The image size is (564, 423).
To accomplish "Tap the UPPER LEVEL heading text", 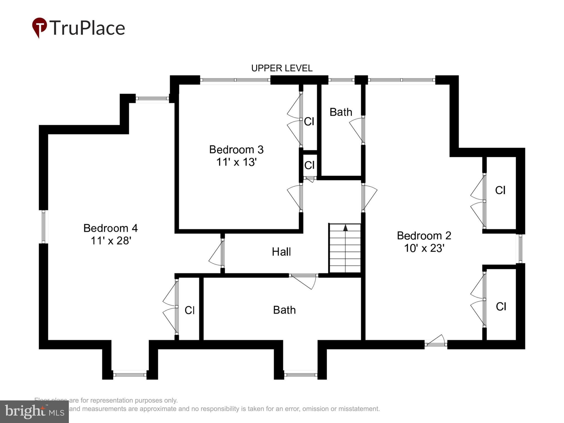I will [x=282, y=68].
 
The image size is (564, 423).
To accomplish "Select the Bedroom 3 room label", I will [x=236, y=150].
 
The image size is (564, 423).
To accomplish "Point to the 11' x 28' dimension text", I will [x=110, y=241].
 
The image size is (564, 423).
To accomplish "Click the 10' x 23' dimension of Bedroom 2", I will [x=424, y=248].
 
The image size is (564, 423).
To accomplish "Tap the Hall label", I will [x=281, y=252].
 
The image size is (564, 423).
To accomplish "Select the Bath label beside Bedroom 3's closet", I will [x=341, y=112].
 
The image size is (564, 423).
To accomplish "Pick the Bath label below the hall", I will [x=284, y=310].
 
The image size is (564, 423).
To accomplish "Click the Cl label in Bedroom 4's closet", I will [x=189, y=310].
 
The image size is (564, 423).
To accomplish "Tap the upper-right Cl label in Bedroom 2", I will [x=500, y=190].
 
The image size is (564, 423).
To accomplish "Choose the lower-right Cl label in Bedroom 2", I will [x=501, y=307].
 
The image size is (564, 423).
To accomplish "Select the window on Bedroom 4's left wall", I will [x=43, y=227].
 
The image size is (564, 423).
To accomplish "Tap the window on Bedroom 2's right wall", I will [x=520, y=248].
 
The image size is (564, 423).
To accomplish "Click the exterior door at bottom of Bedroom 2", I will [x=436, y=341].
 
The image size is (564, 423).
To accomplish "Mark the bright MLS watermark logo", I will [x=34, y=412].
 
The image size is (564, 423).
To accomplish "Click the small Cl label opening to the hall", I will [x=309, y=165].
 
